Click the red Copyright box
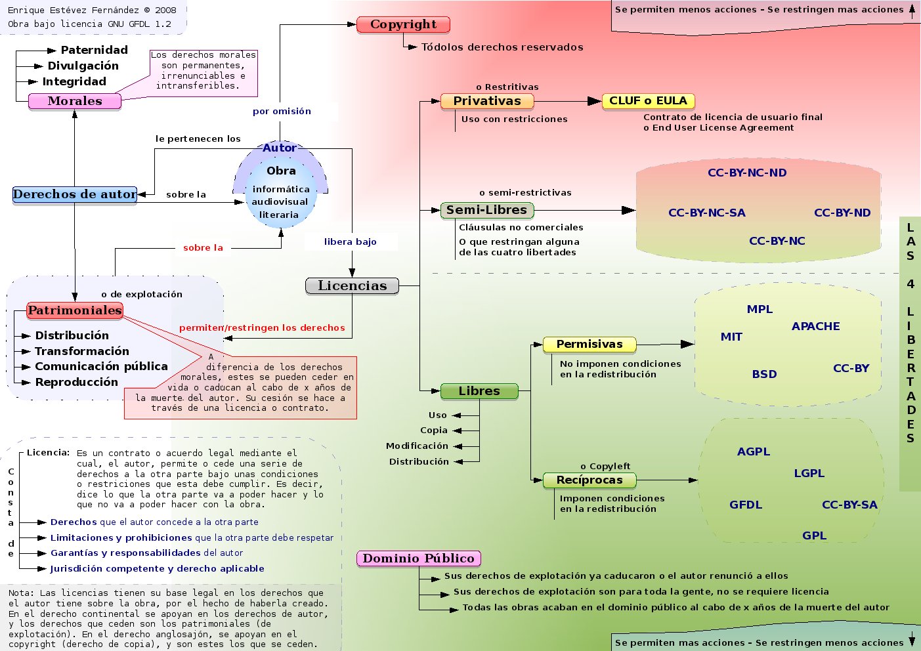pos(403,25)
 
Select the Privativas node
pos(486,101)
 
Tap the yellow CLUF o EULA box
pos(648,101)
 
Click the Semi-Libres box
pos(486,210)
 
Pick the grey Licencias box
pos(352,285)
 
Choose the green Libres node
pos(479,391)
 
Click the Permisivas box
pos(589,344)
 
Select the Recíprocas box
pos(589,480)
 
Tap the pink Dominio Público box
pos(418,558)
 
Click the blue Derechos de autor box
pos(75,194)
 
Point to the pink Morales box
pos(75,101)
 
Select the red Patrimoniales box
pos(75,310)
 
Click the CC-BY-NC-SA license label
pos(706,213)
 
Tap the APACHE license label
pos(815,326)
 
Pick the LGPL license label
pos(809,473)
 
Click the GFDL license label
pos(746,505)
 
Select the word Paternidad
pos(94,50)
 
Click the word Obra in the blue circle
pos(281,171)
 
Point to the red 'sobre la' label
pos(203,247)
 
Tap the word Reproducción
pos(76,382)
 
